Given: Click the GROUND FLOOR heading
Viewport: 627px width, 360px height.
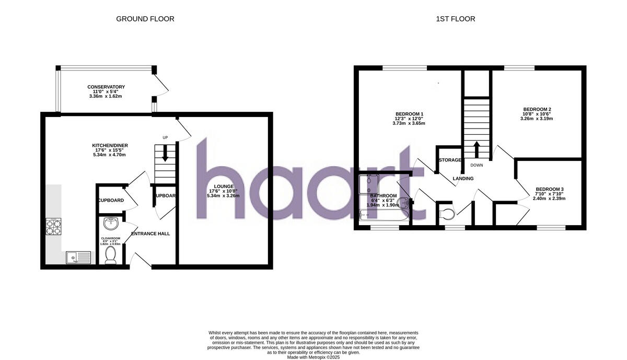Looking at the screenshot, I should pos(145,19).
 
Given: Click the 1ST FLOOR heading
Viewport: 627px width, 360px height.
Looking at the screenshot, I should pos(456,19).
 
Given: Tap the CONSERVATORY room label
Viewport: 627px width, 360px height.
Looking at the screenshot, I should pos(106,87).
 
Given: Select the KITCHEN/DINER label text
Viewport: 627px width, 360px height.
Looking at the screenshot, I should pos(110,145).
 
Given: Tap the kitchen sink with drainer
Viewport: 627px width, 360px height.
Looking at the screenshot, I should pos(78,257).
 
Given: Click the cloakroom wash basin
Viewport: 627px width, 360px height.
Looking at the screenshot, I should pos(111,224).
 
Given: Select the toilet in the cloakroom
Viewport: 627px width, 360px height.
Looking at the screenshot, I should pos(110,254).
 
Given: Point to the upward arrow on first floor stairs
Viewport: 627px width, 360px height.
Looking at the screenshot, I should pos(476,148).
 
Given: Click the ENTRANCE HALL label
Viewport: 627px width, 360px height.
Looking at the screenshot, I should pos(150,234).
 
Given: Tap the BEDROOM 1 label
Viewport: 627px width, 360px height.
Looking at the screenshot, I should pos(409,114).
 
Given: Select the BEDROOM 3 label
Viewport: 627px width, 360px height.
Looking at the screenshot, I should pos(549,189).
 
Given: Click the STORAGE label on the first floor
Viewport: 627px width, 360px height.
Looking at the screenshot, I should pos(450,160).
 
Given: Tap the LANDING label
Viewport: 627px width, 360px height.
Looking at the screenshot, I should pos(463,179).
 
